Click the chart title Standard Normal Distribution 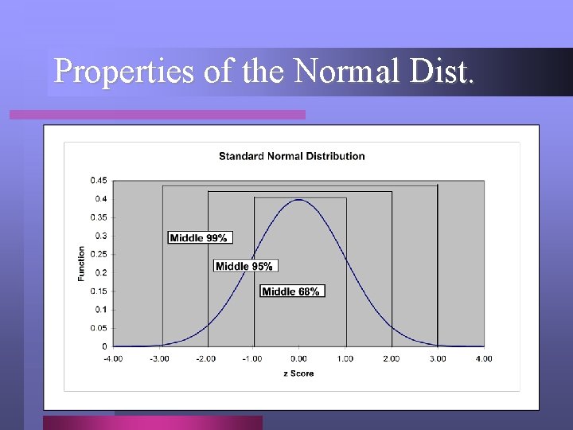click(291, 156)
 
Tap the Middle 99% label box click(200, 237)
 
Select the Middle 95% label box click(245, 266)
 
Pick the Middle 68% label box click(292, 291)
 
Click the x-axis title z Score click(298, 373)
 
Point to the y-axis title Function click(81, 264)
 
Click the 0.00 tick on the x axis click(298, 358)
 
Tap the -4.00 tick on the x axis click(112, 358)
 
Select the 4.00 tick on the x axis click(483, 358)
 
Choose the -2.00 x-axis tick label click(205, 358)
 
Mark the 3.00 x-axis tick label click(437, 358)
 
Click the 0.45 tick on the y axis click(99, 180)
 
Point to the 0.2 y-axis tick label click(101, 272)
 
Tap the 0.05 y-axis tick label click(99, 328)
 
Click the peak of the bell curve click(298, 200)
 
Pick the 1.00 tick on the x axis click(345, 358)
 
